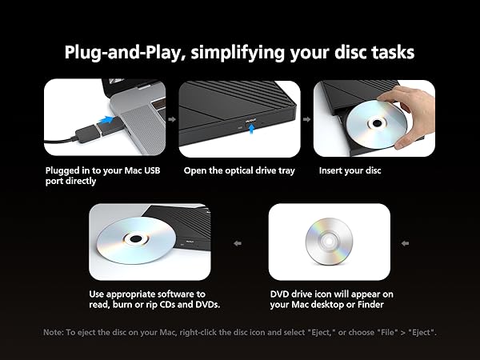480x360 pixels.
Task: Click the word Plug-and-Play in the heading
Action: pyautogui.click(x=122, y=52)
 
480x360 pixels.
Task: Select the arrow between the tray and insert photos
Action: pyautogui.click(x=306, y=118)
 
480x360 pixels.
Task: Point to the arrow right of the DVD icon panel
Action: pyautogui.click(x=405, y=243)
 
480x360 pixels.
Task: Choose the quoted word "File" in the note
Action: pyautogui.click(x=384, y=332)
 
